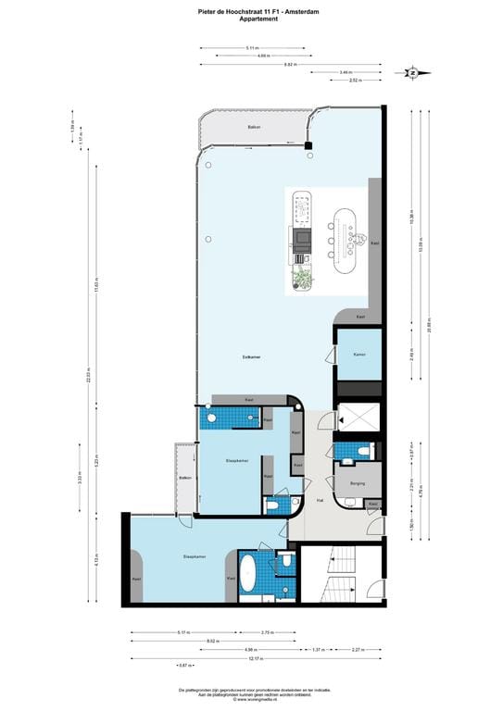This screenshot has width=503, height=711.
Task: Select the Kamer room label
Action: (x=358, y=354)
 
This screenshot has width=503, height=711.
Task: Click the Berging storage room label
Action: (x=358, y=483)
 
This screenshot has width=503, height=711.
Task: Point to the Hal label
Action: (x=320, y=499)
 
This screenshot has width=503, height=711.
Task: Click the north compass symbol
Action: (x=413, y=71)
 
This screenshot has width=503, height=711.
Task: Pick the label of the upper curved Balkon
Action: (x=253, y=126)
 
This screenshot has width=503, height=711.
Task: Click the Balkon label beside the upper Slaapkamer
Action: (x=185, y=478)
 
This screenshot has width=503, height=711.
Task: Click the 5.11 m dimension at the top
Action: (x=251, y=47)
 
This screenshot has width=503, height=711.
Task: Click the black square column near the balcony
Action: (x=311, y=145)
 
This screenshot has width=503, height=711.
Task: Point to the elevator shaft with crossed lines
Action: (x=358, y=418)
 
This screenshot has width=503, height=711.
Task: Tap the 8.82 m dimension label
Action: (x=289, y=64)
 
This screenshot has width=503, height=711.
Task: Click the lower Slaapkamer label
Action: (x=195, y=556)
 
